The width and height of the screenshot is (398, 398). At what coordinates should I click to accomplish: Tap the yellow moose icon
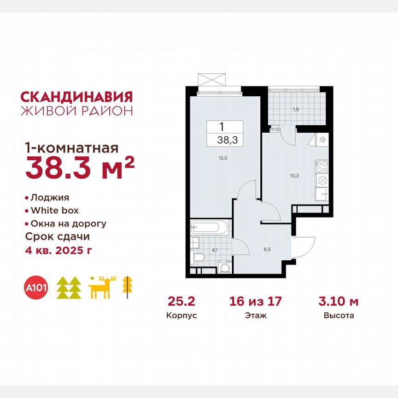coord(103,287)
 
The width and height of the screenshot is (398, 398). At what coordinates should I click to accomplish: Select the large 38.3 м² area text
coord(79,169)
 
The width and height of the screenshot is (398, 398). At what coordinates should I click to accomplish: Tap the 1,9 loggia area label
coord(294,109)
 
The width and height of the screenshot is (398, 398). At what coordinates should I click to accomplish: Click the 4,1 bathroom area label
coord(214,251)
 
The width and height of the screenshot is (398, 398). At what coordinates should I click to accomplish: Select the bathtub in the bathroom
coord(209,227)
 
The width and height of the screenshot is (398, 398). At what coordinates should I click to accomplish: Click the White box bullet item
coord(54,211)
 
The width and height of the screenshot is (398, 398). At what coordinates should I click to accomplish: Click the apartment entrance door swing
coord(304,245)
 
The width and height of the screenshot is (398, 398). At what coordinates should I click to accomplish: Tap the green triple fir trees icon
coord(69,288)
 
